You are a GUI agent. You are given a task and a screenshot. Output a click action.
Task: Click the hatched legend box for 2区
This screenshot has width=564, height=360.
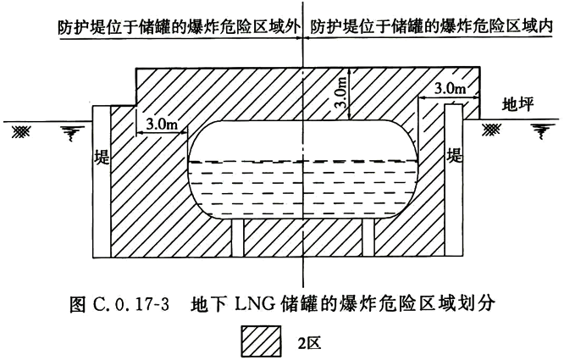263,343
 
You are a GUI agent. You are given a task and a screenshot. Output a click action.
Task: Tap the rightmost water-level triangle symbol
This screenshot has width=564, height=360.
539,130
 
